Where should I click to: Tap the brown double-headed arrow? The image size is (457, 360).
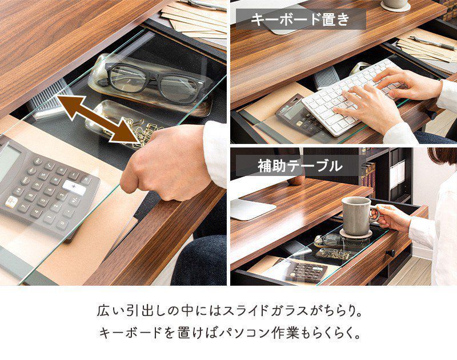(98, 119)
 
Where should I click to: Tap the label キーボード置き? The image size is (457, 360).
(300, 19)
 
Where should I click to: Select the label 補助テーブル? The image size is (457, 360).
(300, 166)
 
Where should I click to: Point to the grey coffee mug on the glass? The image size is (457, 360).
(359, 215)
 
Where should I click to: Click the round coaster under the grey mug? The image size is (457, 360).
(356, 233)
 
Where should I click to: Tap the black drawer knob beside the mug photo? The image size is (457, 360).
(390, 253)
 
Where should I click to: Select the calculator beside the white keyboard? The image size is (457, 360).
(298, 115)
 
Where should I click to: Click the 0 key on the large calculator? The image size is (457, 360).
(62, 225)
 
